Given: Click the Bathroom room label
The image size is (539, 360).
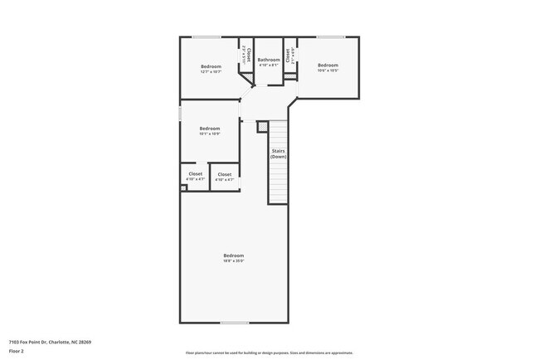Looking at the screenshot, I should click(269, 60).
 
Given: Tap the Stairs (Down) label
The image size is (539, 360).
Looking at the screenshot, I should click(279, 153).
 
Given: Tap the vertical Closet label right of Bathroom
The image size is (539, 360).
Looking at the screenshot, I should click(289, 56).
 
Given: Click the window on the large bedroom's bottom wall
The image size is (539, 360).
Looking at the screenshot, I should click(234, 323).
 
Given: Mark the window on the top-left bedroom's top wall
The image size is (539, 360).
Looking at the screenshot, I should click(206, 36).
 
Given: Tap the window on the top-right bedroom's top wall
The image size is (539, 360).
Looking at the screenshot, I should click(331, 36).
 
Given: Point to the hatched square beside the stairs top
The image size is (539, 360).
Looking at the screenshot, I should click(262, 127).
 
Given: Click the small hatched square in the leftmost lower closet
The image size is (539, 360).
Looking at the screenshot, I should click(183, 187).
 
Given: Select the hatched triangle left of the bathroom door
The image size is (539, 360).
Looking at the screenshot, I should click(246, 78).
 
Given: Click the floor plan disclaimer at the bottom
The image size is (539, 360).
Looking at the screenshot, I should click(269, 353).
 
